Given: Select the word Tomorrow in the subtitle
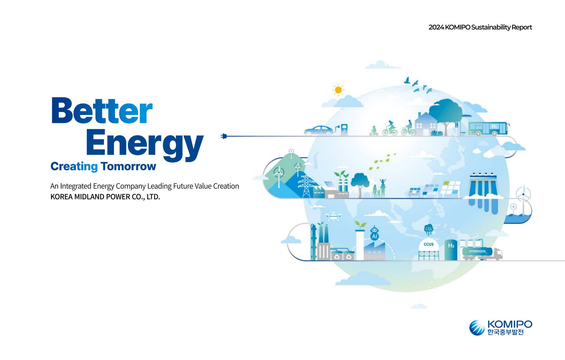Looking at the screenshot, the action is [x=128, y=166].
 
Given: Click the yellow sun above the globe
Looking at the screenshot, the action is [x=338, y=90].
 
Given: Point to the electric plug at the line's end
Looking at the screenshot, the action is [x=224, y=136].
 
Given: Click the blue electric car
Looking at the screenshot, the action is [x=318, y=130].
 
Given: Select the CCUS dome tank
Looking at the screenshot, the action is [x=429, y=249].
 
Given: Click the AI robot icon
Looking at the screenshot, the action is [x=374, y=233].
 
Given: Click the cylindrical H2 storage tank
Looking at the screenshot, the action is [x=451, y=250].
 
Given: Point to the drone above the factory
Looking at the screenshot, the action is [x=333, y=217].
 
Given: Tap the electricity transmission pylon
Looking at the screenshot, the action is [x=306, y=186].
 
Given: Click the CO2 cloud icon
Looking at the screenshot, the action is [x=429, y=229].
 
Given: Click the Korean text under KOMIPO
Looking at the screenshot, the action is [x=505, y=332].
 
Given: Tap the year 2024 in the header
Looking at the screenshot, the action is [x=436, y=27].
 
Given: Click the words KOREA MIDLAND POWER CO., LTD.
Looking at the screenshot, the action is [x=105, y=197].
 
